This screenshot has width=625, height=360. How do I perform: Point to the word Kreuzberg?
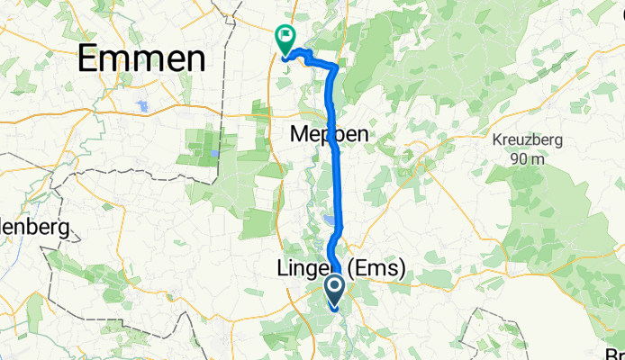coord(528,140)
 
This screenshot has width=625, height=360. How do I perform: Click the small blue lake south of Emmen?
coord(142,106)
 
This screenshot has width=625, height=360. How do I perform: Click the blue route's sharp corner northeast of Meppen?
coord(337,67)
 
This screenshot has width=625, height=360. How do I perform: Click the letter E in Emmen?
coord(90,59)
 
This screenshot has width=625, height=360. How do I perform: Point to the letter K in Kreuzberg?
coord(497,140)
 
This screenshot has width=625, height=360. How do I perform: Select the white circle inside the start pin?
coord(334,288)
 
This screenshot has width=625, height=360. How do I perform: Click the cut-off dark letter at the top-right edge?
coord(621,13)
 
